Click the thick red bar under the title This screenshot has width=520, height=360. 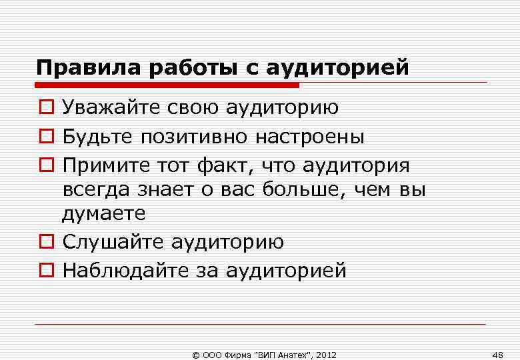167,85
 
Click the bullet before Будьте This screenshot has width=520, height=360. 45,137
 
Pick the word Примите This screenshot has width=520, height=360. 105,165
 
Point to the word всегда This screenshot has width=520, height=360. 94,190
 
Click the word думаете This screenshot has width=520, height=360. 103,213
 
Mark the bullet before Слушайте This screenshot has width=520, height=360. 45,242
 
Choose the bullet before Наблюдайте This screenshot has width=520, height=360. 45,271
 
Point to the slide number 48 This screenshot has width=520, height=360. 497,353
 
